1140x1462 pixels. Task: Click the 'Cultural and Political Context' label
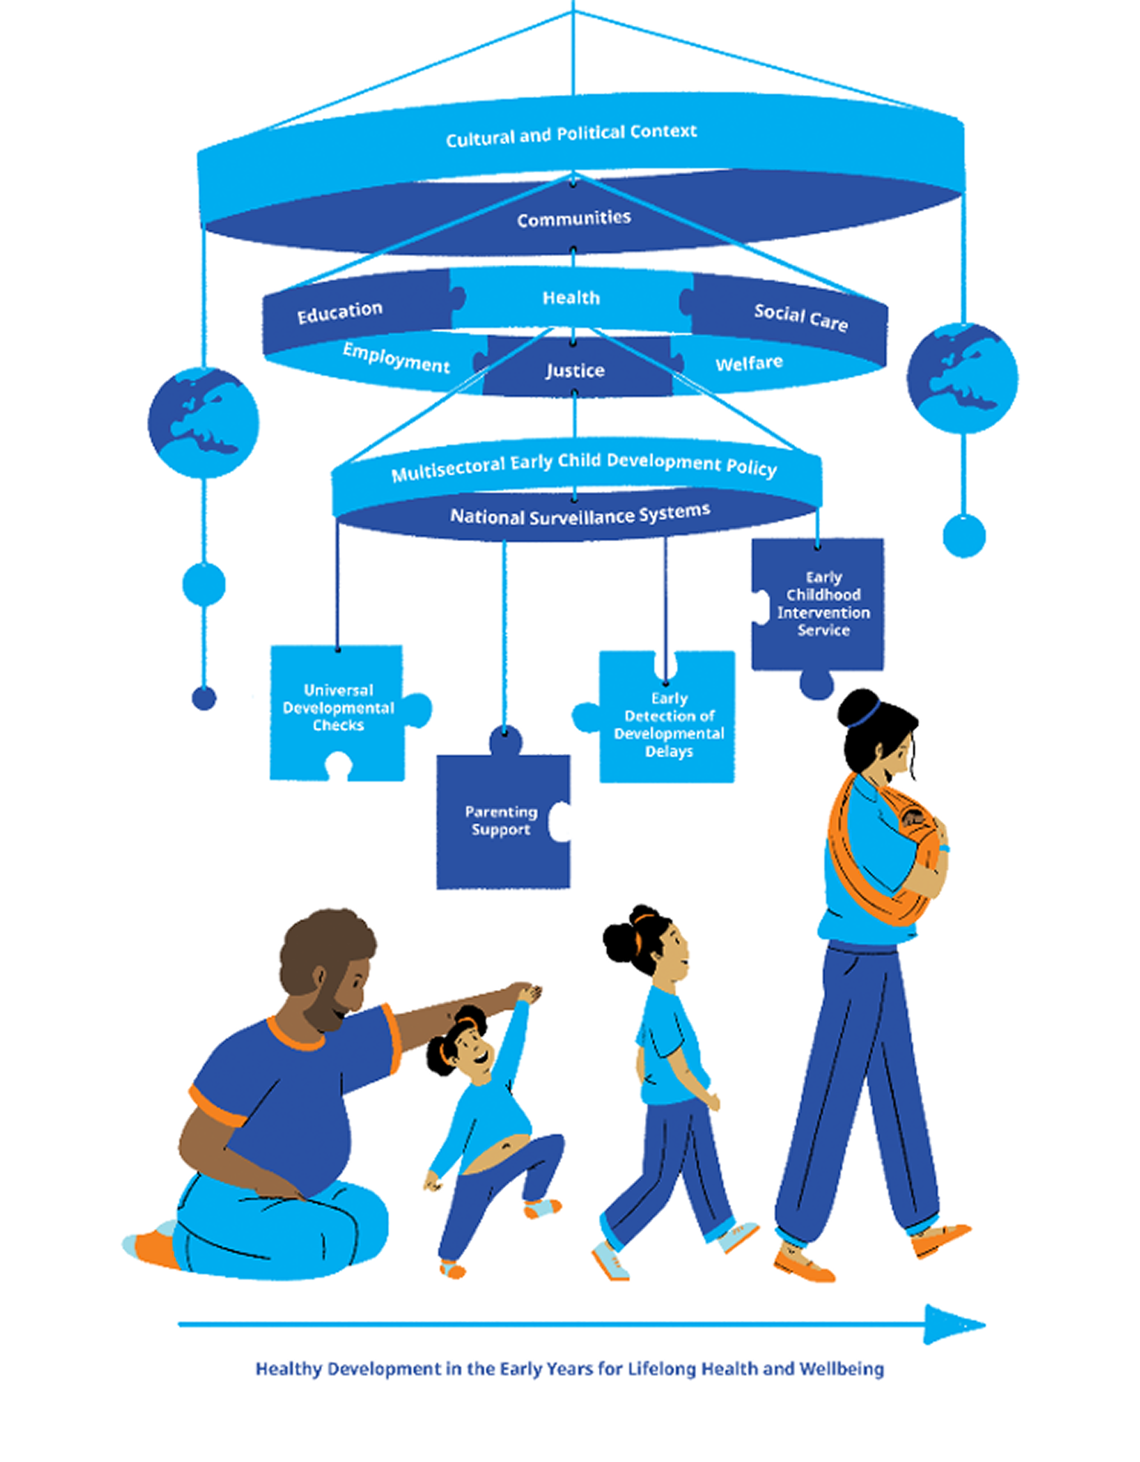click(571, 135)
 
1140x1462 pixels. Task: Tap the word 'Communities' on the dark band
click(574, 218)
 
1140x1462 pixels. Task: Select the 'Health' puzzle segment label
click(571, 298)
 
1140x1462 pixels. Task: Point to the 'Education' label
click(340, 312)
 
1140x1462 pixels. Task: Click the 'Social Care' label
click(801, 317)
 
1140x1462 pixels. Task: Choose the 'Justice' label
click(575, 370)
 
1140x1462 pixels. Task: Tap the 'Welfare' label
click(749, 363)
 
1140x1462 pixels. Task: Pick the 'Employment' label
click(396, 358)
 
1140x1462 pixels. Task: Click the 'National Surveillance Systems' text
click(580, 514)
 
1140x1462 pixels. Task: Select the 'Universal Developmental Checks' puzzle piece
click(338, 712)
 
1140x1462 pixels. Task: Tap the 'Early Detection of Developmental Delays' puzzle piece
click(661, 717)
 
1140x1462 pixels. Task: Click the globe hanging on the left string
click(203, 423)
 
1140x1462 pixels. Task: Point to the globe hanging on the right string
click(963, 378)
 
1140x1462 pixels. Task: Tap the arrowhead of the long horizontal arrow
click(954, 1324)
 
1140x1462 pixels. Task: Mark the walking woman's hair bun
click(859, 709)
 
